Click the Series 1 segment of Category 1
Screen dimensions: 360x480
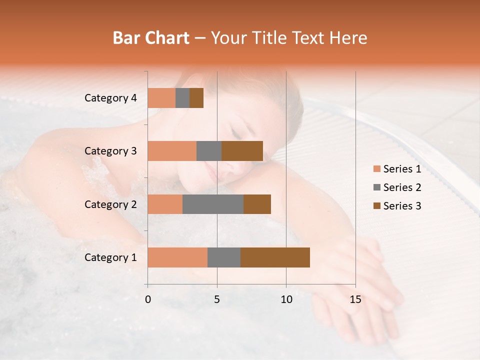[177, 257]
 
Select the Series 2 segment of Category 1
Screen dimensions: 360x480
[224, 257]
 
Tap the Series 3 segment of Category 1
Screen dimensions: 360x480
[275, 257]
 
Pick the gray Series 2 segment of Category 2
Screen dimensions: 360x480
[213, 204]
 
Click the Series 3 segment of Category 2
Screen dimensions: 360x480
[257, 204]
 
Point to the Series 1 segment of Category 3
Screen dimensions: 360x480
[172, 151]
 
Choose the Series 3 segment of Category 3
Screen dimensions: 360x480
[242, 151]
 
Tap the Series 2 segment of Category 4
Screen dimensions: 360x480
[182, 98]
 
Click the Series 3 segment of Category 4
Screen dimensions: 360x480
[196, 98]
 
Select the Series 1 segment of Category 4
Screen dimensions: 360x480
[161, 98]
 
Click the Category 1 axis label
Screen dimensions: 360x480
[110, 257]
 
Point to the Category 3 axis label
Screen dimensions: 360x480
[110, 151]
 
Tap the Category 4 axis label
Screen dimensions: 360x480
[110, 98]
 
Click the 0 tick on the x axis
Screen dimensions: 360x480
[148, 299]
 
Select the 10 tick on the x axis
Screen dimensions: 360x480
[286, 299]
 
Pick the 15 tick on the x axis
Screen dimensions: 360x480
[355, 299]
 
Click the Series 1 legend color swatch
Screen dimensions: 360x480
[376, 169]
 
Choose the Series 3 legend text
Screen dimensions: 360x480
[402, 206]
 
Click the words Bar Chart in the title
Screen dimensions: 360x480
[151, 38]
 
